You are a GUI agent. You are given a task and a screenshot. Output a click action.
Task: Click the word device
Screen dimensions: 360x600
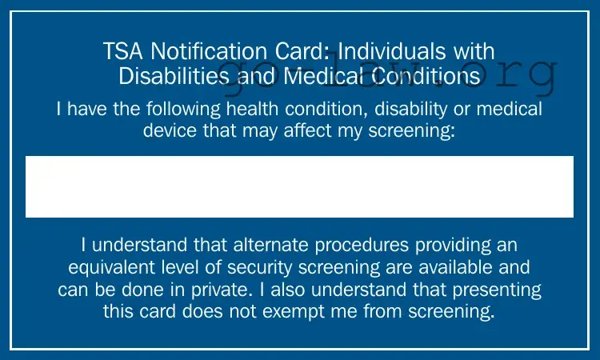[x=171, y=130]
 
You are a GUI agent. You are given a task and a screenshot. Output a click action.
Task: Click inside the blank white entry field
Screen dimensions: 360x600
[x=299, y=186]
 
